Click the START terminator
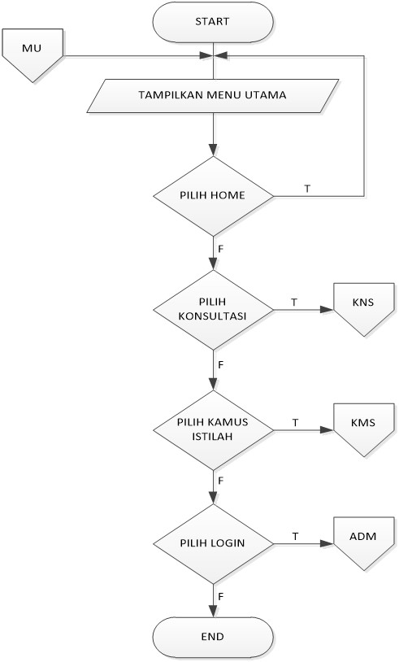(x=213, y=22)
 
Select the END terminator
(x=213, y=637)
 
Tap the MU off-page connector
(x=33, y=54)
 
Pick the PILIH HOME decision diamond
(x=213, y=196)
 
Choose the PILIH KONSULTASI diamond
(x=213, y=309)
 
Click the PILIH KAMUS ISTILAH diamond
(x=213, y=425)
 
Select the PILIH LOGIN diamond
(x=213, y=542)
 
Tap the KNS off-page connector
(x=363, y=309)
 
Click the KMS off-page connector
(x=363, y=425)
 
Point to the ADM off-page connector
(x=363, y=542)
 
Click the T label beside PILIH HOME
(x=307, y=188)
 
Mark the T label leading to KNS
(x=294, y=301)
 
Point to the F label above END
(x=220, y=598)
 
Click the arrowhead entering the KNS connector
(x=327, y=310)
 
